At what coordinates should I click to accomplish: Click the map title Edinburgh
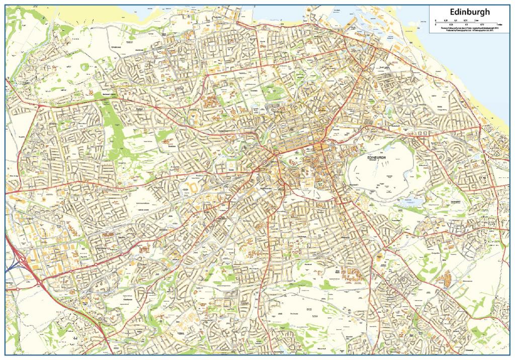pos(470,12)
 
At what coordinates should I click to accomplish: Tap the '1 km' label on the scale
pos(476,20)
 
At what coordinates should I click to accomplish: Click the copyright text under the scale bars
pos(470,29)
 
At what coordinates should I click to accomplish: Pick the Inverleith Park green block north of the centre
pos(274,92)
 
